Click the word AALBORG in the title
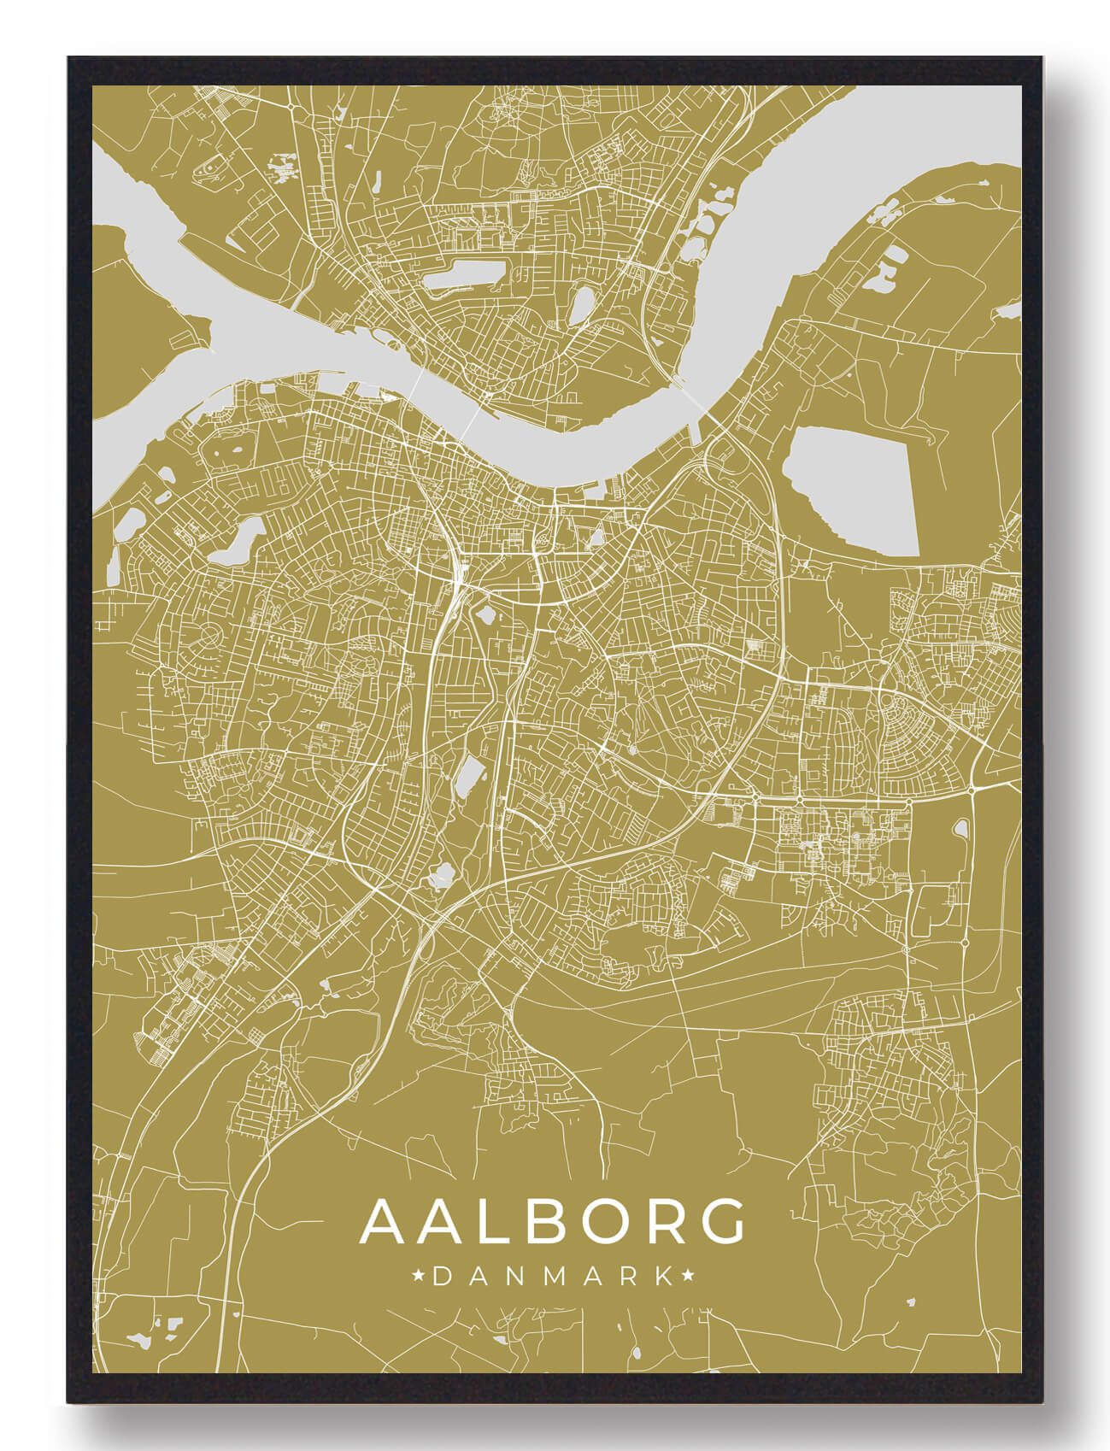[553, 1222]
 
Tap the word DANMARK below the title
[553, 1277]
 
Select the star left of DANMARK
[419, 1277]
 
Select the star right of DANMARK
[688, 1277]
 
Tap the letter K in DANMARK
[663, 1277]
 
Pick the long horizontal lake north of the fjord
[462, 275]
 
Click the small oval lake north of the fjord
[582, 305]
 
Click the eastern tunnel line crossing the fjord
[694, 398]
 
